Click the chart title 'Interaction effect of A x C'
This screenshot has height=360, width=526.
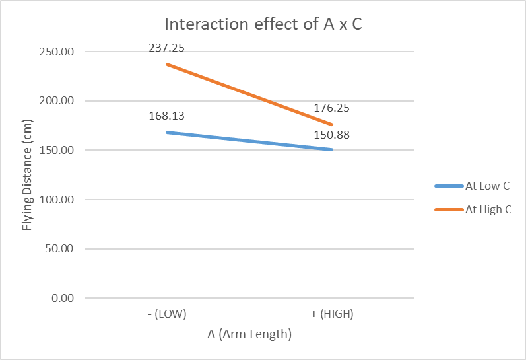pos(262,25)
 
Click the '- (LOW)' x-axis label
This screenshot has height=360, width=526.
pos(167,314)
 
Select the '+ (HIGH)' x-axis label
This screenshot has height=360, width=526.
pos(332,314)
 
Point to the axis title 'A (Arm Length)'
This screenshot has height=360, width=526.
pos(249,334)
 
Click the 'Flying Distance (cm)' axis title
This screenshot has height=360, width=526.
pos(28,175)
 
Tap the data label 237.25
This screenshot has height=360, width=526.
pos(166,48)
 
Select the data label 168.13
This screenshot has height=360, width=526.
pos(166,116)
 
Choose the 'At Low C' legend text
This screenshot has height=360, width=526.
pos(487,186)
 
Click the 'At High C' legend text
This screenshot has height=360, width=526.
pos(488,209)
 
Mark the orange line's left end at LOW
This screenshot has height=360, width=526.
pos(167,64)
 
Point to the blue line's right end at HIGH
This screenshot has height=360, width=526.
pos(332,149)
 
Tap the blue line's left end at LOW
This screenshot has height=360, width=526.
pos(167,132)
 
